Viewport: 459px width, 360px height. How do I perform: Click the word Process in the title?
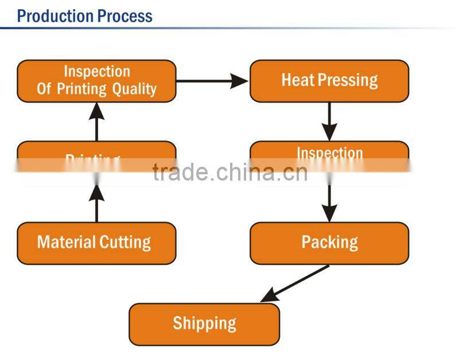tap(125, 15)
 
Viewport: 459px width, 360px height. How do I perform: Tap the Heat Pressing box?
tap(329, 81)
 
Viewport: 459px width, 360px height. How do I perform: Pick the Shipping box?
tap(204, 324)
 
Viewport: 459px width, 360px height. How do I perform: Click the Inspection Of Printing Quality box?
tap(96, 81)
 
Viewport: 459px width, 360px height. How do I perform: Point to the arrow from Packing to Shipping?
tap(295, 283)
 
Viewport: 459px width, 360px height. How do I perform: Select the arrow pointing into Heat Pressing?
tap(212, 81)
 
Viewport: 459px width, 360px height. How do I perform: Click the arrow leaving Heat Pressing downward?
tap(329, 121)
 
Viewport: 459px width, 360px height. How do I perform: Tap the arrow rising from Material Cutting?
tap(96, 204)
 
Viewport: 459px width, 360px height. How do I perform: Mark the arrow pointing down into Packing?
tap(329, 204)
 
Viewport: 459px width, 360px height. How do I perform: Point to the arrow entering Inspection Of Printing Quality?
tap(96, 122)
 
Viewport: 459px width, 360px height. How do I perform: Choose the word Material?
tap(65, 242)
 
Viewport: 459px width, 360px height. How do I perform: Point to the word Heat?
tap(295, 80)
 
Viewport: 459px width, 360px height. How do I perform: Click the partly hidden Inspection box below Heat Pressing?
tap(329, 152)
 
